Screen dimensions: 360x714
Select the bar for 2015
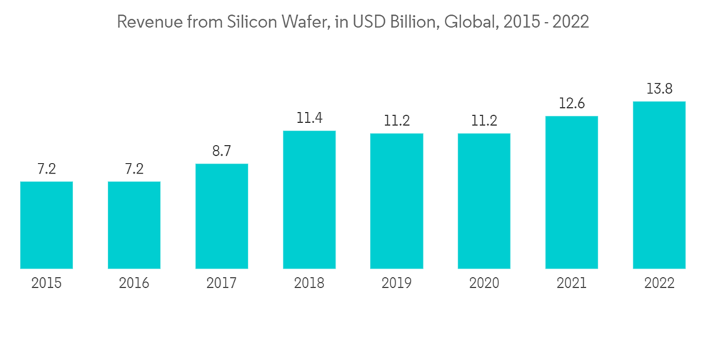tap(46, 225)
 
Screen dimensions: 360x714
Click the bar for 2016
tap(134, 225)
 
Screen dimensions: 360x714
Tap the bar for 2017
tap(221, 216)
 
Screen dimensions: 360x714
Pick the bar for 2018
tap(309, 200)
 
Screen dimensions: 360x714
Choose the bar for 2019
tap(396, 201)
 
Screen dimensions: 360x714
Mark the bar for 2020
tap(484, 201)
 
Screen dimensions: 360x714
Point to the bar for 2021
tap(571, 192)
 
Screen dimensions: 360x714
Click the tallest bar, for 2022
tap(659, 185)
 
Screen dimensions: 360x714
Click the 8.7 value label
tap(221, 151)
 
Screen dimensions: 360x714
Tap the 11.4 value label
tap(309, 118)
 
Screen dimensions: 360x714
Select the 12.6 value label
tap(571, 104)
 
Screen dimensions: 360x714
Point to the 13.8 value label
tap(659, 89)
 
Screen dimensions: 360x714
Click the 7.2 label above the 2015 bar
tap(46, 169)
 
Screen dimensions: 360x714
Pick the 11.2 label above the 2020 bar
tap(484, 121)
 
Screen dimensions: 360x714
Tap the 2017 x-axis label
tap(221, 284)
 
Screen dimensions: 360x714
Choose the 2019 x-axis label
tap(396, 284)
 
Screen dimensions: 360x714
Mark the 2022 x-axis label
tap(659, 284)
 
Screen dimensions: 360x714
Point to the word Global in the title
tap(467, 22)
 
